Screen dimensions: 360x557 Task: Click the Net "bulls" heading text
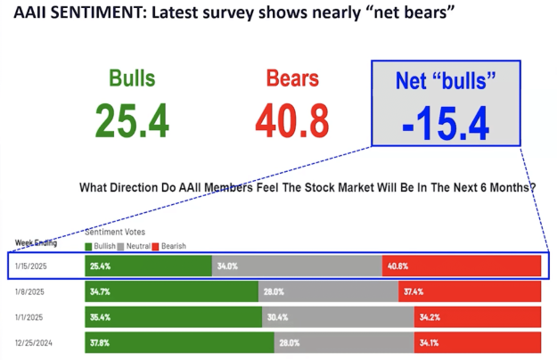[445, 82]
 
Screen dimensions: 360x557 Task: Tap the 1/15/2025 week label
[33, 266]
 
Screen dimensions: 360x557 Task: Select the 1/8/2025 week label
[30, 291]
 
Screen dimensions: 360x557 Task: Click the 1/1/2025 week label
[30, 316]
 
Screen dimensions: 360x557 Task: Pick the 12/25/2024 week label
[35, 341]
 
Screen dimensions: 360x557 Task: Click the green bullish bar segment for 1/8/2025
[169, 291]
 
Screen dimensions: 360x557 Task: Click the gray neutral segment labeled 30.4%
[338, 316]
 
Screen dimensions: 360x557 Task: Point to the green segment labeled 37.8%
[178, 341]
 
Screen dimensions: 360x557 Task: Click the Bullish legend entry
[102, 245]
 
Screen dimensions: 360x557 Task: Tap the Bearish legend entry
[170, 245]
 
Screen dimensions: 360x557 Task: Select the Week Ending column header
[34, 241]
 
